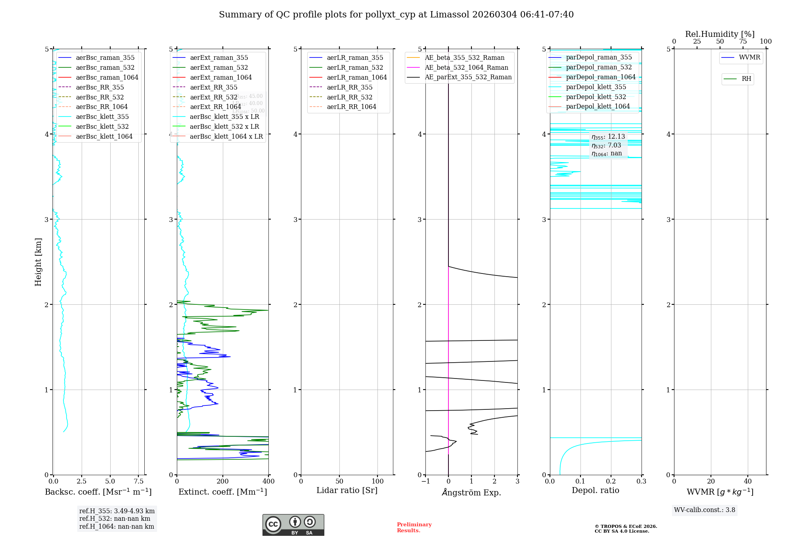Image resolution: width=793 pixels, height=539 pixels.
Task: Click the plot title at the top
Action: tap(396, 15)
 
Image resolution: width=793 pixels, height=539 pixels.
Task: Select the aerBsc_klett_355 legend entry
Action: tap(102, 117)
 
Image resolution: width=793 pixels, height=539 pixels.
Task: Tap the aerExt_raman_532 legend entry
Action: tap(219, 67)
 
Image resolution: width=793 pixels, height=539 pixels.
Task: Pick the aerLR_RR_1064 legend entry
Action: tap(351, 107)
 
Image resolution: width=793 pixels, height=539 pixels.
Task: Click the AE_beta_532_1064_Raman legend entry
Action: tap(466, 67)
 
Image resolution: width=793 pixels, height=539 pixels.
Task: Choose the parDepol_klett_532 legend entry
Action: tap(596, 97)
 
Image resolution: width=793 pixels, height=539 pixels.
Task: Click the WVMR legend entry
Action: tap(749, 57)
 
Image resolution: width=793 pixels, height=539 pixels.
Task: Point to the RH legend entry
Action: tap(746, 79)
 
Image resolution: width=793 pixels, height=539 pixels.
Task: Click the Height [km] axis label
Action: tap(38, 262)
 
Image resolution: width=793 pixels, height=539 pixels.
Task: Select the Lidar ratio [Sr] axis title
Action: tap(347, 491)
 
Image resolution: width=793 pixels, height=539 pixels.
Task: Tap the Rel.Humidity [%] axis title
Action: tap(720, 34)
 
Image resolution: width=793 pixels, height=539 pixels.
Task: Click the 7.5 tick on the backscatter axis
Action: tap(138, 482)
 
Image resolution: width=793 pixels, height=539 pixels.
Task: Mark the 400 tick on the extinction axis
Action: tap(268, 482)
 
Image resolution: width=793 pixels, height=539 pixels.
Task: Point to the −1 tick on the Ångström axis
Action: tap(425, 482)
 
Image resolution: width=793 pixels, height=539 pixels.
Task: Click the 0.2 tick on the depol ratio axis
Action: tap(611, 482)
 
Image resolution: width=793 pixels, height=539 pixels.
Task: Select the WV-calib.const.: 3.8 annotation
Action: tap(705, 510)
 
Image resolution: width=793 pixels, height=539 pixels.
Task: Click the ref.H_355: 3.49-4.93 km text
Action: tap(117, 511)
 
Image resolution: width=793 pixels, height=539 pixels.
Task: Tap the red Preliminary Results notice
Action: tap(414, 528)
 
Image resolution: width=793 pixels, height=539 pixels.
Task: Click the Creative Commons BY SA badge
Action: tap(293, 525)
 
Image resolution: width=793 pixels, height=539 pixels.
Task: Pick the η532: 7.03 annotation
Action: tap(606, 145)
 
